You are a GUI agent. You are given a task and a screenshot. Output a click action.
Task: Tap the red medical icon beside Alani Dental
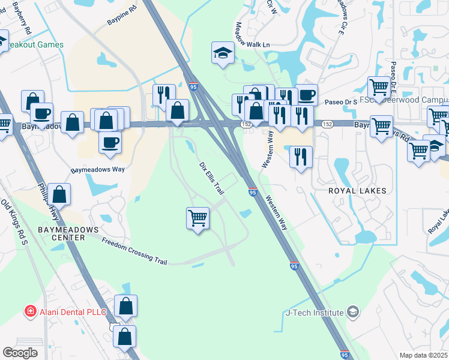pyautogui.click(x=29, y=311)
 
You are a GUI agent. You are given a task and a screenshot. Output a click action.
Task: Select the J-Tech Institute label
pyautogui.click(x=316, y=312)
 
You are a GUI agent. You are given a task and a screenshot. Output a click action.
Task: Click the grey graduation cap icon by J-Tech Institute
pyautogui.click(x=354, y=311)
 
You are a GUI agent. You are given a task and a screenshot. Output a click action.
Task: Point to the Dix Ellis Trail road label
pyautogui.click(x=211, y=178)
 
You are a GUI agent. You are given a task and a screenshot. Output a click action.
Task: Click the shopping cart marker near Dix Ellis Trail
pyautogui.click(x=198, y=218)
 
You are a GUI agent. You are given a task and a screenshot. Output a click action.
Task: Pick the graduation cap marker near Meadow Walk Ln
pyautogui.click(x=222, y=52)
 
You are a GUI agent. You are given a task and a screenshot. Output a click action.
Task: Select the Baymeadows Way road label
pyautogui.click(x=97, y=170)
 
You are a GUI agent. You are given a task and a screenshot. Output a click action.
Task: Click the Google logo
pyautogui.click(x=20, y=352)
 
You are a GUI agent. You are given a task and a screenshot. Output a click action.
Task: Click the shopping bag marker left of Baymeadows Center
pyautogui.click(x=59, y=194)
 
